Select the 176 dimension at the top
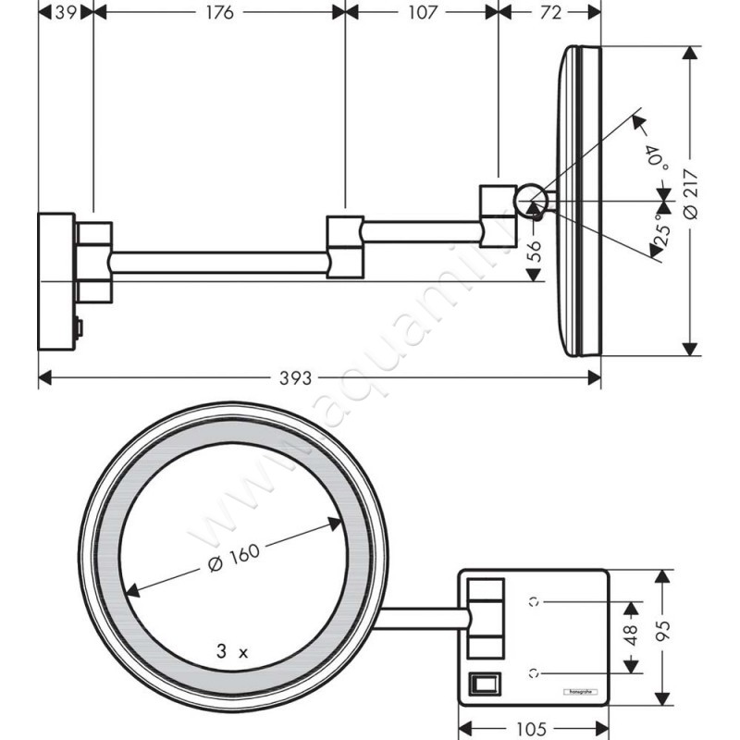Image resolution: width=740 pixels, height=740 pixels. (219, 12)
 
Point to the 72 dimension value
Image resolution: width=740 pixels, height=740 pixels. (549, 12)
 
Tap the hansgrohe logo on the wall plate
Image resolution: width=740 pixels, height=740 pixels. (580, 691)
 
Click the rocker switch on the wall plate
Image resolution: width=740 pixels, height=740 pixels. (483, 684)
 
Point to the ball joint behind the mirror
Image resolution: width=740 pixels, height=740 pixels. (531, 199)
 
